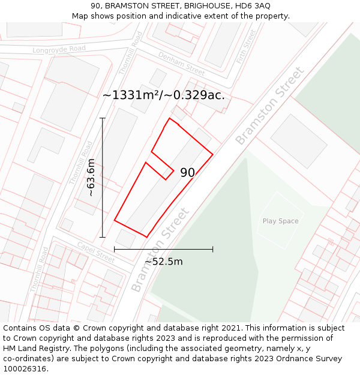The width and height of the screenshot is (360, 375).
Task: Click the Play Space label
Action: [x=280, y=221]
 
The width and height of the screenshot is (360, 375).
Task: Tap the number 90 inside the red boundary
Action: [x=187, y=173]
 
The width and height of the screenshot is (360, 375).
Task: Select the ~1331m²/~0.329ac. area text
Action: [x=163, y=95]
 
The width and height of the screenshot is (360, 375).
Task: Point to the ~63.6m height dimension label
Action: [x=91, y=178]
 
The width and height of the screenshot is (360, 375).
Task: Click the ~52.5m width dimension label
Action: [x=163, y=262]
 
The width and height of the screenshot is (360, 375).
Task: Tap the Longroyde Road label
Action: [x=59, y=49]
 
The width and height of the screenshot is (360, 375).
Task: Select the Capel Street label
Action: [x=95, y=252]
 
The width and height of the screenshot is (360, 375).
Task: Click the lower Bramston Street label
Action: [x=160, y=250]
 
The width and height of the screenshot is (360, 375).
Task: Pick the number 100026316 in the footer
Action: [x=25, y=369]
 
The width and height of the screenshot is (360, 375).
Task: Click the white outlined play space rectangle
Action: [x=281, y=220]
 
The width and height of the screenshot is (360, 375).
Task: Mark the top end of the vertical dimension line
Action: [x=103, y=118]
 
